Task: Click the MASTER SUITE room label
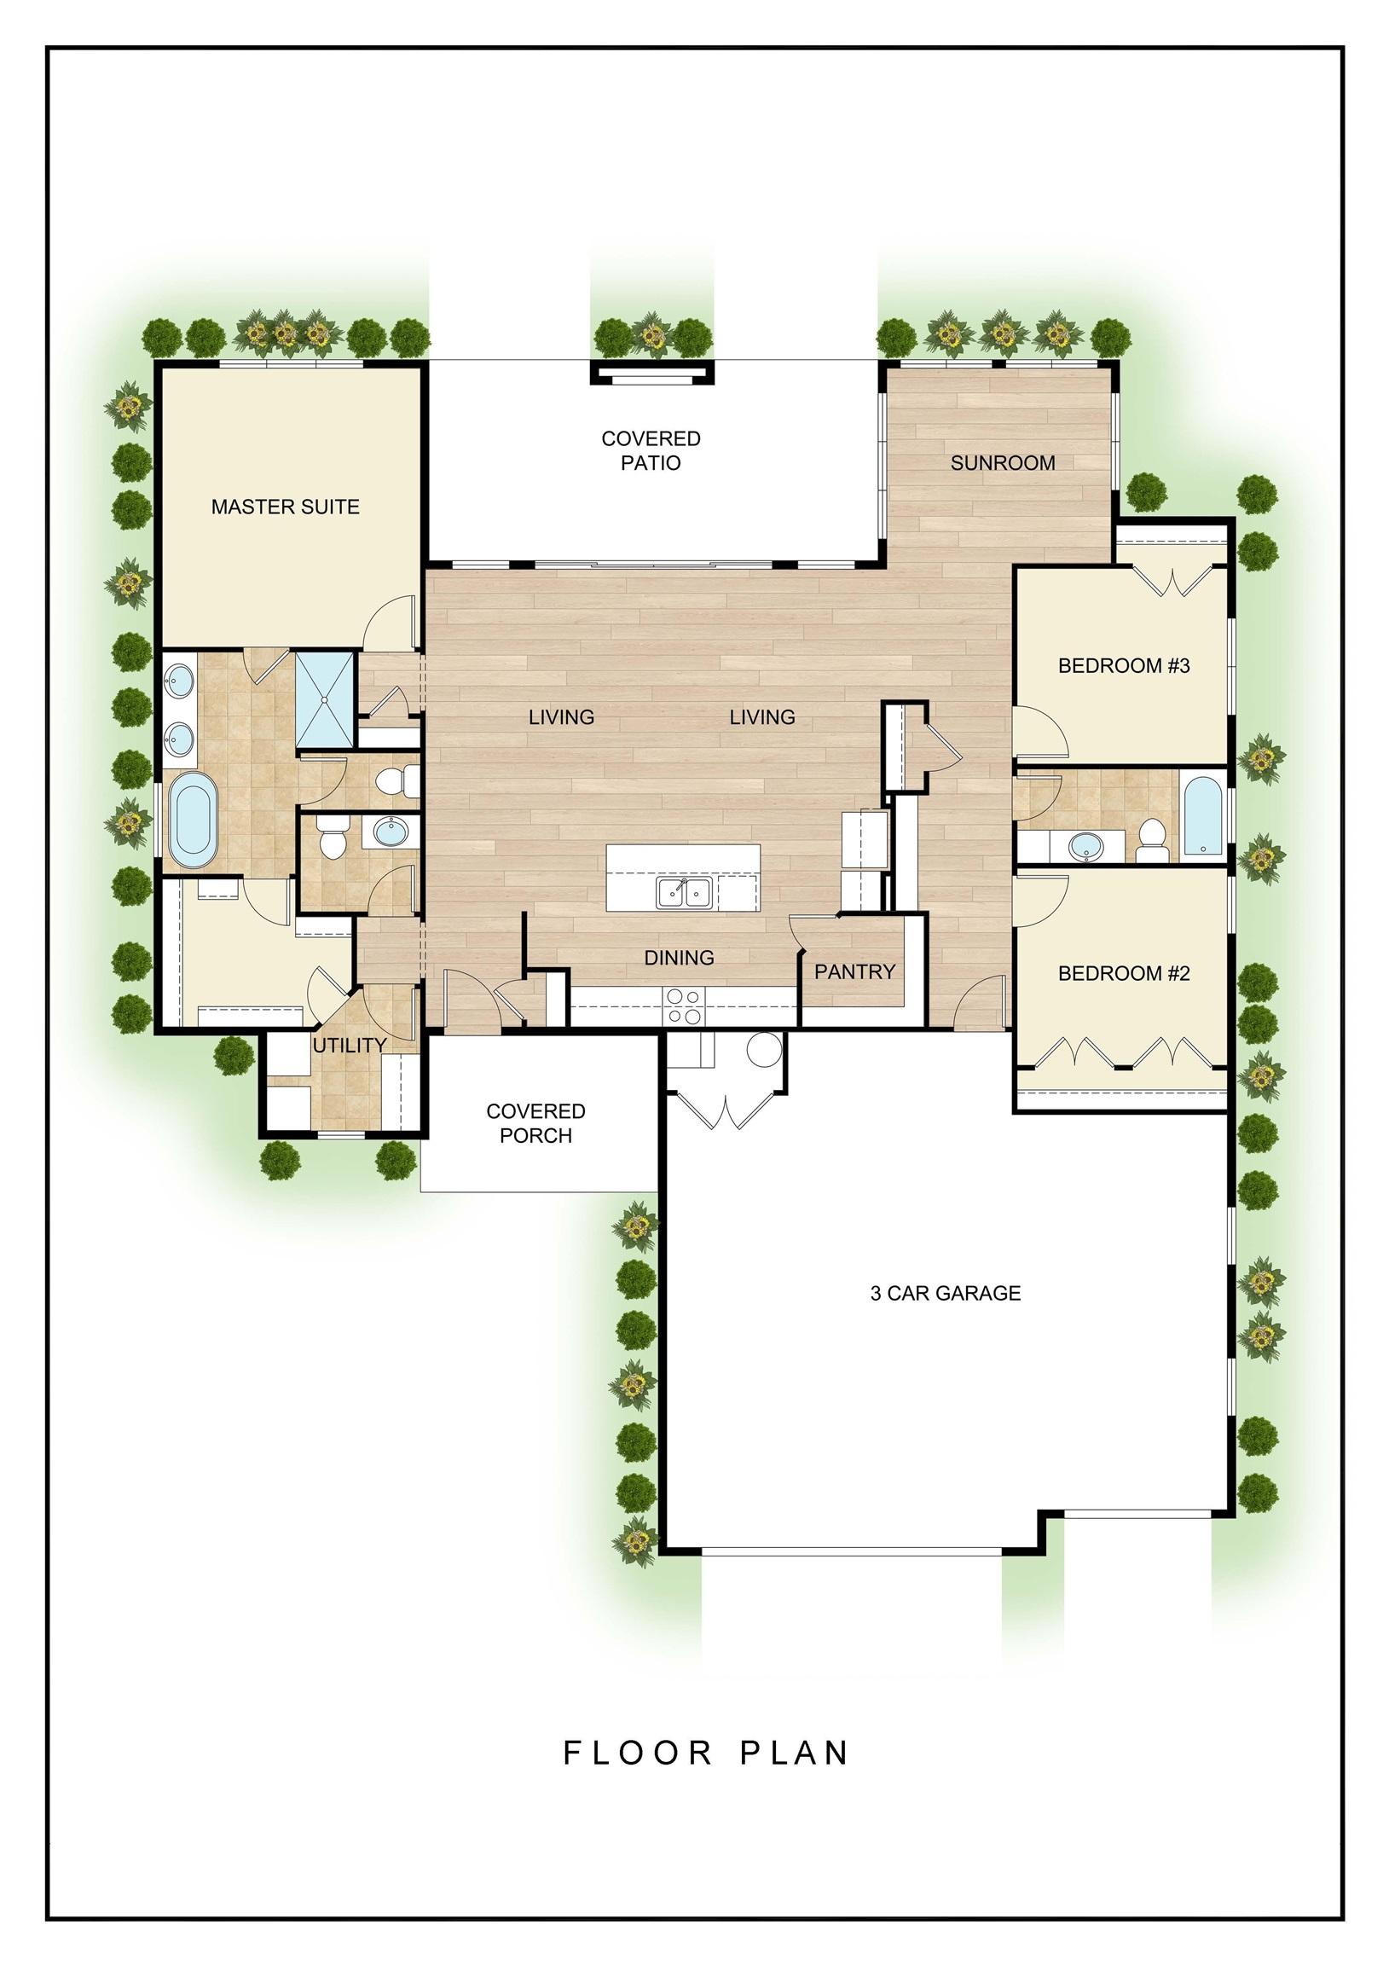click(x=285, y=507)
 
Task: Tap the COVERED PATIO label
click(x=651, y=450)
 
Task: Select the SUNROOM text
click(x=1002, y=463)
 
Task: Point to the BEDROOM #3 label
click(x=1124, y=666)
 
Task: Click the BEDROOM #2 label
click(x=1124, y=973)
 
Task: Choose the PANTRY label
click(x=854, y=971)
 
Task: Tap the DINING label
click(x=679, y=958)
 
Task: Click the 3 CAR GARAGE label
click(x=945, y=1293)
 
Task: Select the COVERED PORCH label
click(x=535, y=1123)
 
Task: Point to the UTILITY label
click(x=350, y=1045)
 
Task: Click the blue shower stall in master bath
click(x=324, y=701)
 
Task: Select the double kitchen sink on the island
click(x=684, y=893)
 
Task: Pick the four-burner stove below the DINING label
click(x=684, y=1006)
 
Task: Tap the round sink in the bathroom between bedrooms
click(x=1085, y=847)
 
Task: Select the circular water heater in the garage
click(x=764, y=1049)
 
